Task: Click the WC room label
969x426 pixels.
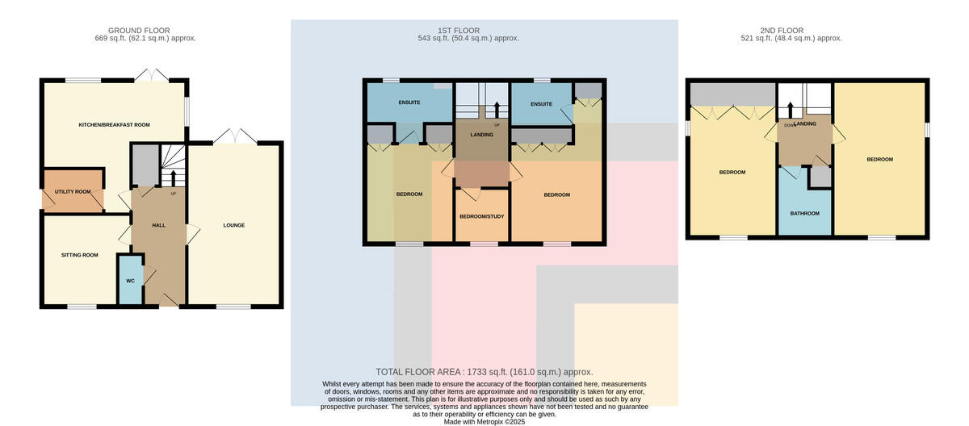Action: click(x=130, y=281)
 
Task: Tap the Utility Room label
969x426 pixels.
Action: click(x=73, y=192)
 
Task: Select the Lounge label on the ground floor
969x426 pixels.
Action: click(x=234, y=225)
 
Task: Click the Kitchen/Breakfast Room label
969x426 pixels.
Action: click(x=114, y=125)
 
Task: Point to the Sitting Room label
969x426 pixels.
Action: click(x=80, y=255)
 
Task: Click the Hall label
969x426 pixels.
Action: click(x=159, y=225)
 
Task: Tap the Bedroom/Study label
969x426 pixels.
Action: click(x=482, y=216)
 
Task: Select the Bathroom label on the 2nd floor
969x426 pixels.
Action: click(x=804, y=214)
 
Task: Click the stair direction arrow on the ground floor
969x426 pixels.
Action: click(x=174, y=177)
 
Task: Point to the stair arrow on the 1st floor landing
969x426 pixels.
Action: click(x=496, y=110)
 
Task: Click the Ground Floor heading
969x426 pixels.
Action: click(x=139, y=31)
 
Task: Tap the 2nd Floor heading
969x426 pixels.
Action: click(x=782, y=31)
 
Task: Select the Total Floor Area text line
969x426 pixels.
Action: click(x=484, y=372)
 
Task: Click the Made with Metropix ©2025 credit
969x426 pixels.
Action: click(x=484, y=422)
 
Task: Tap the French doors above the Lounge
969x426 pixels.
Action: click(x=235, y=136)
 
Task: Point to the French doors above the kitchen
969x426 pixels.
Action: click(x=151, y=75)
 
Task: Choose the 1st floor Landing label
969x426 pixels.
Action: click(x=481, y=135)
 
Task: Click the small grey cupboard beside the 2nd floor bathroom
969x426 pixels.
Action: click(x=820, y=177)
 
